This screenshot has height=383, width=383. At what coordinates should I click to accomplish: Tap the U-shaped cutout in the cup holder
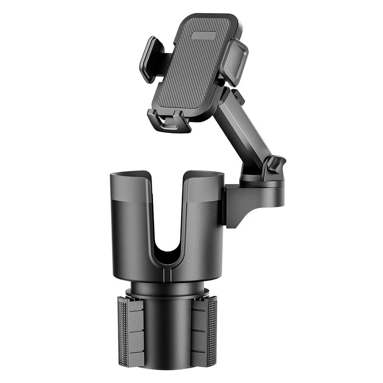(x=168, y=223)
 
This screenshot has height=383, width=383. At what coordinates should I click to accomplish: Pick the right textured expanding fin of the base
(x=203, y=331)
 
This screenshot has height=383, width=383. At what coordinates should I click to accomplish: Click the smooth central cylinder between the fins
(x=168, y=331)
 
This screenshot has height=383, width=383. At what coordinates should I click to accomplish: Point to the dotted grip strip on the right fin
(x=212, y=331)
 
